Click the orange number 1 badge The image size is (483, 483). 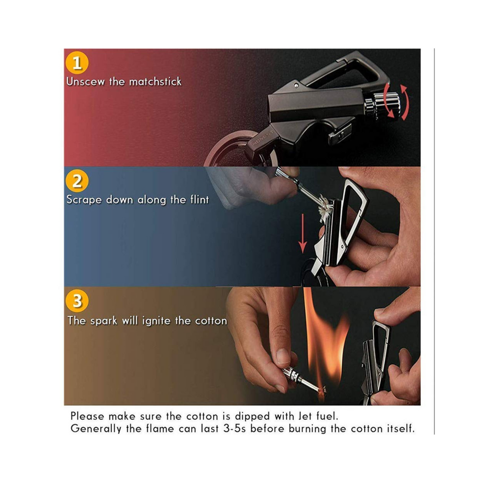(x=77, y=63)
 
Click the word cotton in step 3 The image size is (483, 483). (x=211, y=321)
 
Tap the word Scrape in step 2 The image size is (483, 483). (x=84, y=200)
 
